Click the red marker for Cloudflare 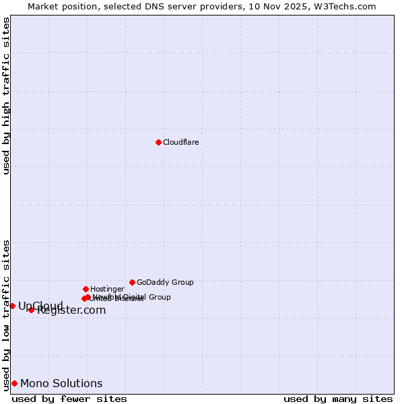coord(158,142)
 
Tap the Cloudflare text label coord(180,142)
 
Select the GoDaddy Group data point coord(132,282)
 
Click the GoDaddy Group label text coord(165,282)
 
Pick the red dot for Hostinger coord(86,289)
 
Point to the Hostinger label coord(107,289)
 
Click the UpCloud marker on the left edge coord(12,306)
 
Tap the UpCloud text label coord(40,306)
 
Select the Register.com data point coord(31,310)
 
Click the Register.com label coord(71,310)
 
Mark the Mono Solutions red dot coord(14,383)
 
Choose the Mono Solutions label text coord(61,384)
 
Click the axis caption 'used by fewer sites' coord(69,399)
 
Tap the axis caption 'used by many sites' coord(338,399)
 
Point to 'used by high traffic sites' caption coord(6,96)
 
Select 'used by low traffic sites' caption coord(6,314)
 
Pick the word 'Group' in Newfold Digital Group coord(159,297)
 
